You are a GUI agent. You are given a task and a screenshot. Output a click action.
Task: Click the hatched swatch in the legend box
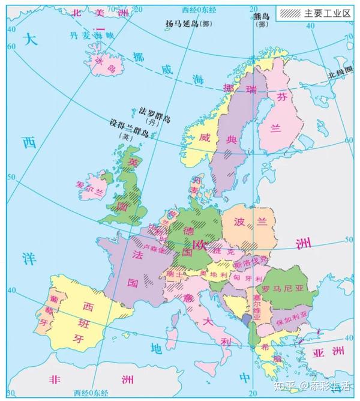point(290,12)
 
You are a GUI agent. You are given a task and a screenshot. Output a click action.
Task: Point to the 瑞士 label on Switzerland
point(174,274)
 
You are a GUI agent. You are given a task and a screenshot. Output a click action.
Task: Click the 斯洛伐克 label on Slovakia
point(250,262)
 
